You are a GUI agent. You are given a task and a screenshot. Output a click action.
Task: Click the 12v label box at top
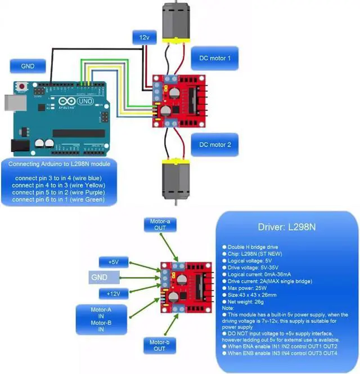pyautogui.click(x=145, y=38)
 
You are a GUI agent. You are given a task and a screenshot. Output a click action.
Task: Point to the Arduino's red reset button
pyautogui.click(x=22, y=86)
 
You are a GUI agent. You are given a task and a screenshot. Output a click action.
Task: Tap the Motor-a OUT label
pyautogui.click(x=160, y=225)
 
